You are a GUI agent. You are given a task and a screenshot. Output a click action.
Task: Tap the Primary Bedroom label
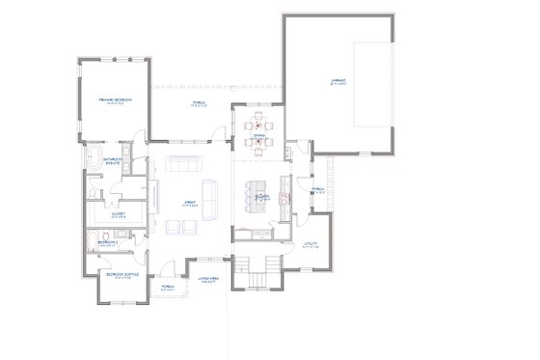(x=113, y=100)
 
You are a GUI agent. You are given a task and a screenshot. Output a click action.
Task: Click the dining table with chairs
(x=257, y=133)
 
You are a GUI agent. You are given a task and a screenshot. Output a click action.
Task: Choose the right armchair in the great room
(x=189, y=227)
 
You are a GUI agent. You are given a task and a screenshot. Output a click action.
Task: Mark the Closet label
(x=119, y=215)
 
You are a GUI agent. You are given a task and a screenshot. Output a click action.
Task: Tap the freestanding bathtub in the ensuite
(x=92, y=160)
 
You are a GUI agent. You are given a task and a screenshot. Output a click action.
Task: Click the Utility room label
(x=310, y=244)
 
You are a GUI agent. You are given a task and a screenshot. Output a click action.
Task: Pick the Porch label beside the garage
(x=317, y=190)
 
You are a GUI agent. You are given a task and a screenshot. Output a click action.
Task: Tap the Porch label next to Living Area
(x=167, y=287)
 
